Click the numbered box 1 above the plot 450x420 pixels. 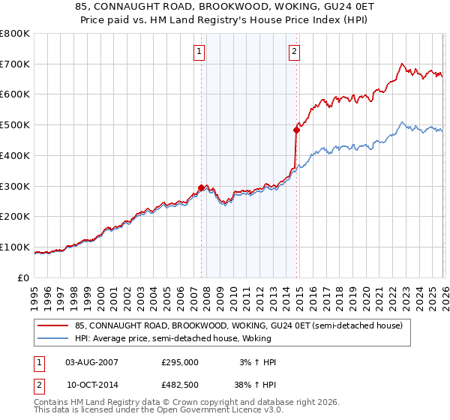[x=199, y=52]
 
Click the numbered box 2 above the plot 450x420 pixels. [x=294, y=52]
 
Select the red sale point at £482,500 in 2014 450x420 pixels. [x=296, y=130]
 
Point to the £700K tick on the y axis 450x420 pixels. [x=16, y=64]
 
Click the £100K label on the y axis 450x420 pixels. [x=16, y=247]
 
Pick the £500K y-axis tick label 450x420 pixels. [x=16, y=125]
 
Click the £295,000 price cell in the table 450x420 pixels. [x=180, y=362]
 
